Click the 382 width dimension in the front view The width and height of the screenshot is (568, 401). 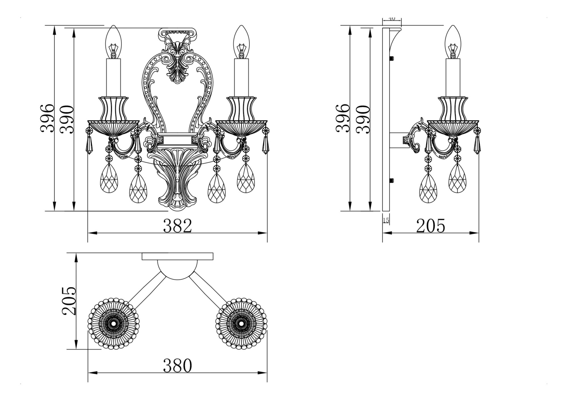tap(177, 226)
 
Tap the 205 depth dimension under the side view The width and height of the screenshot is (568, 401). tap(431, 226)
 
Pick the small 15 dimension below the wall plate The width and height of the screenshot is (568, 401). tap(386, 221)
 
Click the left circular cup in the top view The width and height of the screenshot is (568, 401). tap(114, 324)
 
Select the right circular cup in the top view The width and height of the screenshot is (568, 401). tap(241, 324)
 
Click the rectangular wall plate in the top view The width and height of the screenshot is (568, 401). tap(177, 257)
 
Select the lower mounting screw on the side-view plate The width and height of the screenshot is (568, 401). tap(392, 180)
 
